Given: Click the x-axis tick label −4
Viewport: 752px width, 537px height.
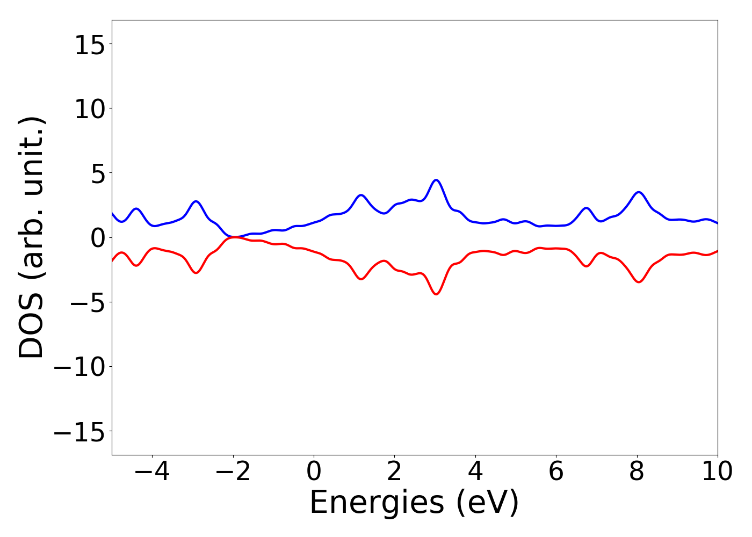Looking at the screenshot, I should (x=152, y=472).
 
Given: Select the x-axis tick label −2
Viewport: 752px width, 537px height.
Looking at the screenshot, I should (x=233, y=472).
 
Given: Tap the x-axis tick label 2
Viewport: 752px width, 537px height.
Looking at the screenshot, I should (x=394, y=472).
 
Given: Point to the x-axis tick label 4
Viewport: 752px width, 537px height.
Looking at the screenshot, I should (x=475, y=472).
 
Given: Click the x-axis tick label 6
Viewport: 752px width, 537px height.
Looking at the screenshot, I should (x=556, y=472).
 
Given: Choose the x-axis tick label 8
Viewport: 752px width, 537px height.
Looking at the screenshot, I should (x=637, y=472).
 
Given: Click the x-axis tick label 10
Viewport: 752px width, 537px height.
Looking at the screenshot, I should (x=717, y=472).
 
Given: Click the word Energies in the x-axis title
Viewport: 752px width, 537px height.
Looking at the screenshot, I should (x=377, y=504).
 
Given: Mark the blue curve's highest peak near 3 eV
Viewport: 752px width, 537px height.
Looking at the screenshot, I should (x=436, y=180).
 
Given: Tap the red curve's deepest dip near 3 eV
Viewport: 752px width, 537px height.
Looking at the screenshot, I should (x=436, y=294).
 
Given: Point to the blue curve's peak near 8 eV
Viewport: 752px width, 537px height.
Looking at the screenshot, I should (x=638, y=192).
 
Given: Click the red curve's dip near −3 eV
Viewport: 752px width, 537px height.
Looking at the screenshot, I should (x=196, y=273).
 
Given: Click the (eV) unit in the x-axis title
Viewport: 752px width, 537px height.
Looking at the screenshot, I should (x=487, y=504).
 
